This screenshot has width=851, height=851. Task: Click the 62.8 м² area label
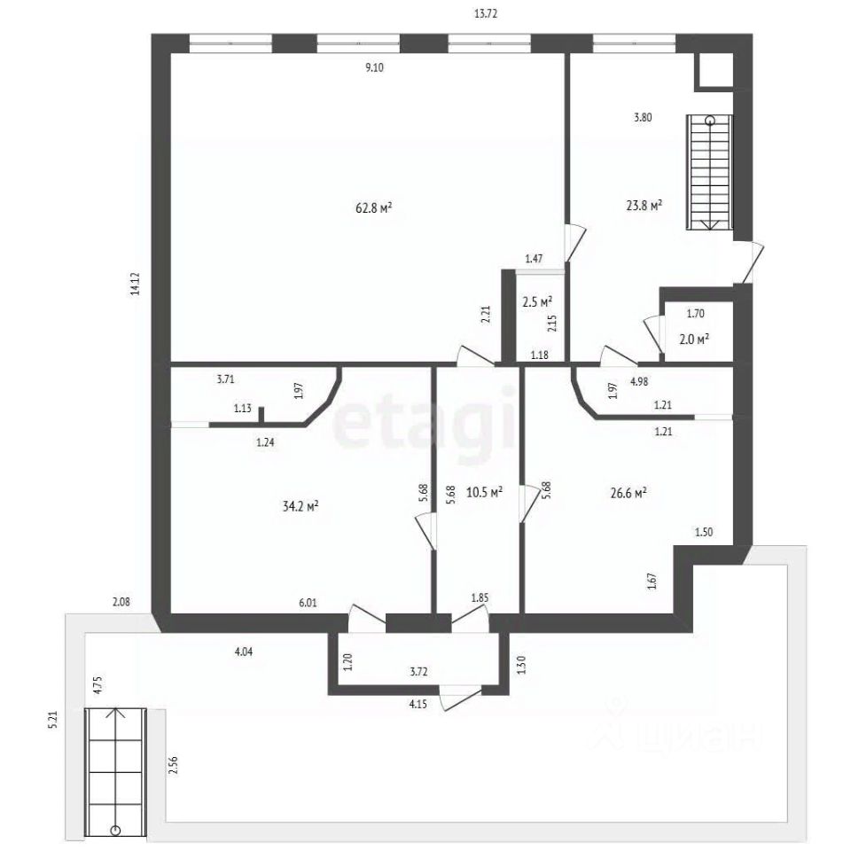(x=374, y=207)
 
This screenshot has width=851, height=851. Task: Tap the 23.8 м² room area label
(x=644, y=206)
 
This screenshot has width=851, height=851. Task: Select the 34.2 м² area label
(x=301, y=506)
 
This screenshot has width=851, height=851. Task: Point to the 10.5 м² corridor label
(x=484, y=493)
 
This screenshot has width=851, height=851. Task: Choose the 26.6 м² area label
(x=628, y=494)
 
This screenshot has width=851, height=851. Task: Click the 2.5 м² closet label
(x=537, y=302)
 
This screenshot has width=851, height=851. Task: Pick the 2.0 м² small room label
(x=695, y=340)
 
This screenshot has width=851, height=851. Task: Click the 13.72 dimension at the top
(x=486, y=14)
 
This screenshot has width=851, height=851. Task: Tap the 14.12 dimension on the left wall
(x=135, y=284)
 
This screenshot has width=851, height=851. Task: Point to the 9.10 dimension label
(x=374, y=68)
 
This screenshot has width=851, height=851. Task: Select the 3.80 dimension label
(x=643, y=117)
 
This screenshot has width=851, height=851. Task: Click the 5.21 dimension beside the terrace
(x=52, y=720)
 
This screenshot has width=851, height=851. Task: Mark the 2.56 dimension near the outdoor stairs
(x=174, y=765)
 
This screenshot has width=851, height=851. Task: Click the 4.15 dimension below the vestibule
(x=418, y=705)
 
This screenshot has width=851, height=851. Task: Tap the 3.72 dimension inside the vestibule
(x=419, y=672)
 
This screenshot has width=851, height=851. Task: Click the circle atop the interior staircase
(x=710, y=121)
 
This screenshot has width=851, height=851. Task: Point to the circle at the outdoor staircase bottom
(x=115, y=831)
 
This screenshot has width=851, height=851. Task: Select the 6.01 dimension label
(x=308, y=603)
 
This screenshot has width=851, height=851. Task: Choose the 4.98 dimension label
(x=639, y=381)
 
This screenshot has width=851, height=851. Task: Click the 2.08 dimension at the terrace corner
(x=121, y=602)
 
